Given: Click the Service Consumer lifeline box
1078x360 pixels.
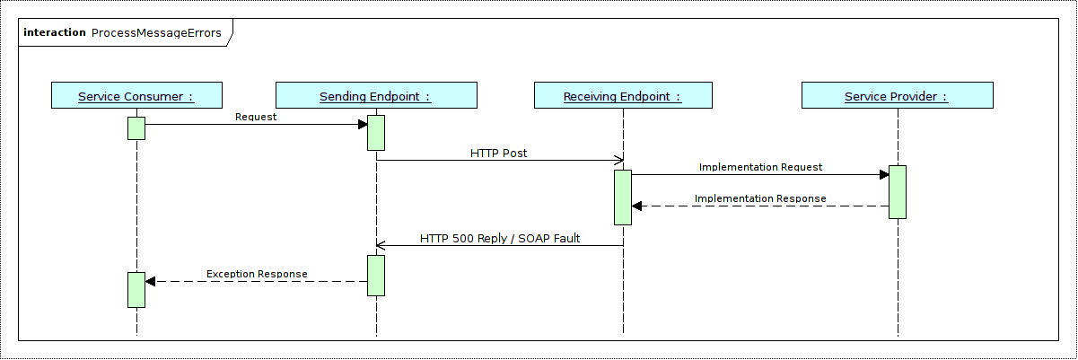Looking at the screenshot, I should pos(136,96).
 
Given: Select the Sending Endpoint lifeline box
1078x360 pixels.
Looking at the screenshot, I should pos(376,96).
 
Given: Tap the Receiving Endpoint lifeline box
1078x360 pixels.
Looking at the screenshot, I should pos(622,96).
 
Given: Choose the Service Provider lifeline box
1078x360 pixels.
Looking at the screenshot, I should pos(897,96).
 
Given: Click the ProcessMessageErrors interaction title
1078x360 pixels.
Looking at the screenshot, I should pos(156,32).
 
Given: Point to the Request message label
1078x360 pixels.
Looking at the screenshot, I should pos(256,117).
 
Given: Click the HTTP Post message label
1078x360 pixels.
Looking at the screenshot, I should pos(498,154).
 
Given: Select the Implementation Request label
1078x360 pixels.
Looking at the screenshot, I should pos(760,167).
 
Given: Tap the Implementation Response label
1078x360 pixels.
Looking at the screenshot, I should pos(760,198).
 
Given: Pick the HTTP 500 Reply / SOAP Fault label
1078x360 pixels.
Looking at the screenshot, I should pos(500,239).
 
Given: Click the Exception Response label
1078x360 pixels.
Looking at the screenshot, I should pos(257,274).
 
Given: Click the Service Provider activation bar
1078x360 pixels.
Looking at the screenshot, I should pos(898,191).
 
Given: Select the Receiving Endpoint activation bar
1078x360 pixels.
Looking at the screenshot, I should pos(623,197).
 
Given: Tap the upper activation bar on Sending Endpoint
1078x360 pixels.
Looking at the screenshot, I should pos(376,132).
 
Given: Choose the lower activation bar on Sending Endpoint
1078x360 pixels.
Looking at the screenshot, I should pos(376,275).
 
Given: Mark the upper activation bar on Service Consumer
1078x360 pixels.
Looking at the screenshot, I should pos(136,127).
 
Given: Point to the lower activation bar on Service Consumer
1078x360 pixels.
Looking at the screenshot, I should pos(136,289).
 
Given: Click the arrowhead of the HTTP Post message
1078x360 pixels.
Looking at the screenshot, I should pos(618,161).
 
